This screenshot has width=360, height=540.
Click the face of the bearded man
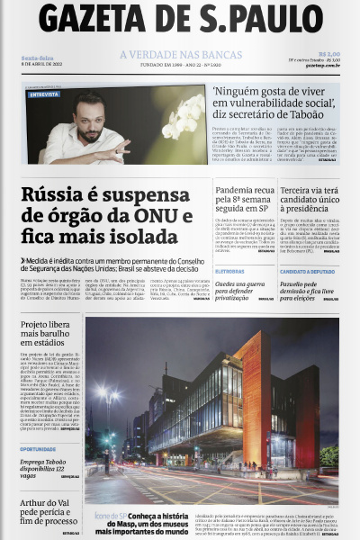pyautogui.click(x=87, y=116)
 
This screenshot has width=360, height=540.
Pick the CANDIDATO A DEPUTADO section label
pyautogui.click(x=307, y=271)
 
